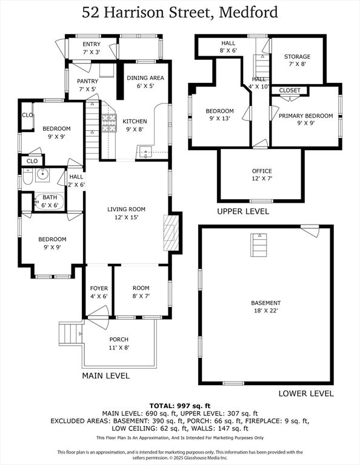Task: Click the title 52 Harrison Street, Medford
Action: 179,12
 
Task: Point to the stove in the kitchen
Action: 108,123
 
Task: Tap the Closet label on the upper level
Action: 290,90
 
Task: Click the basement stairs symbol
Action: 259,245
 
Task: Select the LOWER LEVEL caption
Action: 305,393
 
